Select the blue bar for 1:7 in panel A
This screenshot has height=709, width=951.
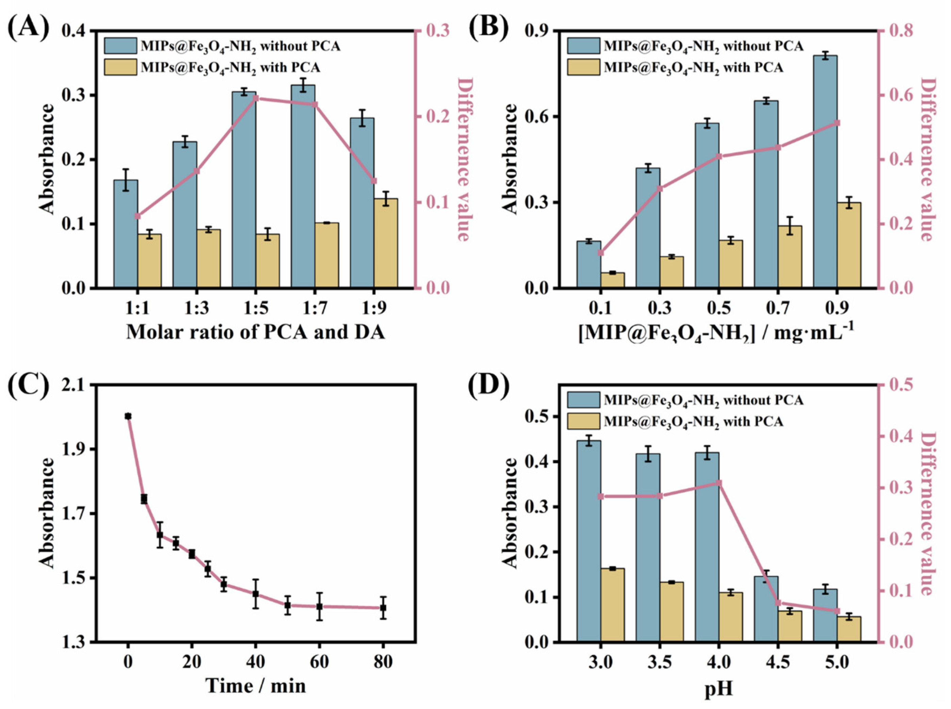point(303,187)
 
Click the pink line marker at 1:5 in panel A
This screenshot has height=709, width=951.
point(256,98)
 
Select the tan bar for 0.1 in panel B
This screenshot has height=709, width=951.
point(613,280)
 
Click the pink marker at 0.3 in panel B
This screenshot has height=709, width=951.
point(660,188)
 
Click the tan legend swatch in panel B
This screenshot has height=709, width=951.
point(583,67)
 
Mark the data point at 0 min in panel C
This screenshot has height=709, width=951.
point(128,416)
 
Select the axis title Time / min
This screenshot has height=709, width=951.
point(255,686)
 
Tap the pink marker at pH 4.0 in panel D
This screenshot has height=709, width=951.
point(719,483)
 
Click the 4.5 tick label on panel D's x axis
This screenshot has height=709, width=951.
point(778,663)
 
